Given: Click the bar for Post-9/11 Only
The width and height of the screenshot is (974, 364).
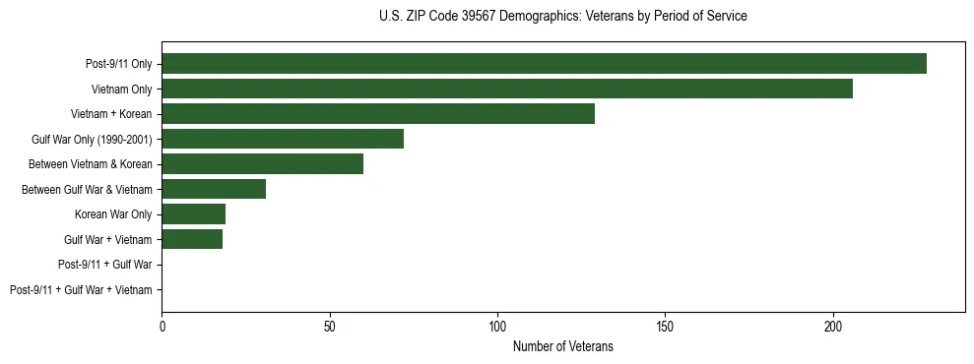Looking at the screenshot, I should coord(544,64).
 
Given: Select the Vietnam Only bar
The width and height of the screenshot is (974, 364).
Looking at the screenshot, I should coord(507,89).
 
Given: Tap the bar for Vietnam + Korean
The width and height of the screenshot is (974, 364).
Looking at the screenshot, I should coord(378,114).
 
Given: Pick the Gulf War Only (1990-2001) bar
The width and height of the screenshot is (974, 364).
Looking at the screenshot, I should coord(283,139).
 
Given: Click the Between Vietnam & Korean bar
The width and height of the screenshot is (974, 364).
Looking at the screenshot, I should coord(262,164).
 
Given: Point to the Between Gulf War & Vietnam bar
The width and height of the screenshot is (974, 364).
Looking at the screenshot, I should coord(214,189).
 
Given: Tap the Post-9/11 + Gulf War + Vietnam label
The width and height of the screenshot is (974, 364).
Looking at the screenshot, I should coord(81,290).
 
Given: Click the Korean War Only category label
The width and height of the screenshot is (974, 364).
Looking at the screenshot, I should coord(113,214).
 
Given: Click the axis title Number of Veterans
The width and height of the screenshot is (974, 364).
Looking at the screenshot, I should coord(563,346).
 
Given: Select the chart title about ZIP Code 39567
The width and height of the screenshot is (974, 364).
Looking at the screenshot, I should coord(562,17).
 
